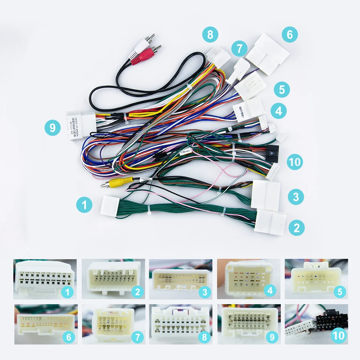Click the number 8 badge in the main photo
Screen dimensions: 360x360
pyautogui.click(x=210, y=35)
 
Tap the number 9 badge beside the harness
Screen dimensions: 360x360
pyautogui.click(x=53, y=128)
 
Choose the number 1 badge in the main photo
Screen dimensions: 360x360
pyautogui.click(x=84, y=205)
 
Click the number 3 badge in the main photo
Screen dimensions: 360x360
pyautogui.click(x=296, y=197)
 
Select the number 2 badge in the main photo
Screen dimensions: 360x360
pyautogui.click(x=296, y=228)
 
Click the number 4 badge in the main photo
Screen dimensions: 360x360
pyautogui.click(x=278, y=111)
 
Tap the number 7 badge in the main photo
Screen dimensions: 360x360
pyautogui.click(x=240, y=48)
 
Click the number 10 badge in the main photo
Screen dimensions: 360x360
pyautogui.click(x=295, y=162)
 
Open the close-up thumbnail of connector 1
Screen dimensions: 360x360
pyautogui.click(x=45, y=279)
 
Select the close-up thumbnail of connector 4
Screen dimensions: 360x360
pyautogui.click(x=248, y=279)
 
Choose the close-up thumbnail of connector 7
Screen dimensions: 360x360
pyautogui.click(x=113, y=324)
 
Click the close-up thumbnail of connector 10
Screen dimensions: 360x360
pyautogui.click(x=316, y=324)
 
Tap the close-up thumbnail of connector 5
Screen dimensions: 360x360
pyautogui.click(x=316, y=279)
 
